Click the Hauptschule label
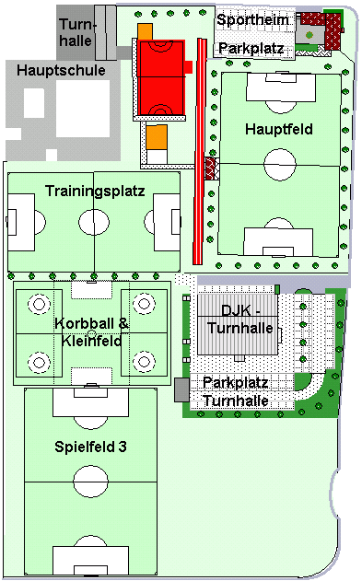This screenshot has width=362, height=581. (61, 70)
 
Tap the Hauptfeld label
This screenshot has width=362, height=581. (279, 129)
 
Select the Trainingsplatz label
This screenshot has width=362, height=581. (95, 192)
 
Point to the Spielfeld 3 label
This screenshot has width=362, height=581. (91, 447)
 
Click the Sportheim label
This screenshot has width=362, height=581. (253, 19)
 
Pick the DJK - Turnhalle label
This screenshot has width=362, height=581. (240, 320)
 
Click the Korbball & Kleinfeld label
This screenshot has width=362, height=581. (91, 332)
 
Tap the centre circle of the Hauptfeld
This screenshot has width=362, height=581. (280, 164)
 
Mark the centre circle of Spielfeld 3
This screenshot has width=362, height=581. (91, 482)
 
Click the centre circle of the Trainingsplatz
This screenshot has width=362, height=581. (94, 222)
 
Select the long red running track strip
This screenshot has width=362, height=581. (199, 151)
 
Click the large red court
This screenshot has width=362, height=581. (161, 77)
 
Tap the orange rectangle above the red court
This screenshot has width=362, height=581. (145, 31)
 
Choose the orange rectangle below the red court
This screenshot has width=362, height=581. (157, 137)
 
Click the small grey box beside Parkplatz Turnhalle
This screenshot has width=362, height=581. (182, 389)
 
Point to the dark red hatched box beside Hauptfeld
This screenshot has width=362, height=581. (212, 169)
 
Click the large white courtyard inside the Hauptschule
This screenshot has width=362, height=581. (83, 109)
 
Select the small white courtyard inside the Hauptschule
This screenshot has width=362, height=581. (34, 103)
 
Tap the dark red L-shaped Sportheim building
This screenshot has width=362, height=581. (333, 30)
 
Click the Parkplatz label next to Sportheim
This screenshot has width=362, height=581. (251, 48)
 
